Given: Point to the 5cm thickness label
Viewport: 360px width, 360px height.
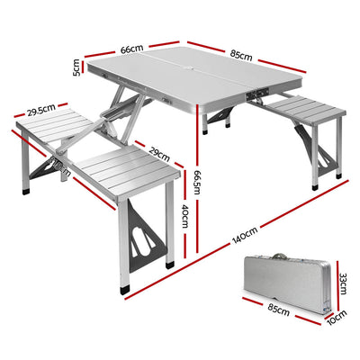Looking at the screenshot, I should coord(77,67).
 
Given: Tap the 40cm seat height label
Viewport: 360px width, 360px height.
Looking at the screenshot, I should coord(184,216).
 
